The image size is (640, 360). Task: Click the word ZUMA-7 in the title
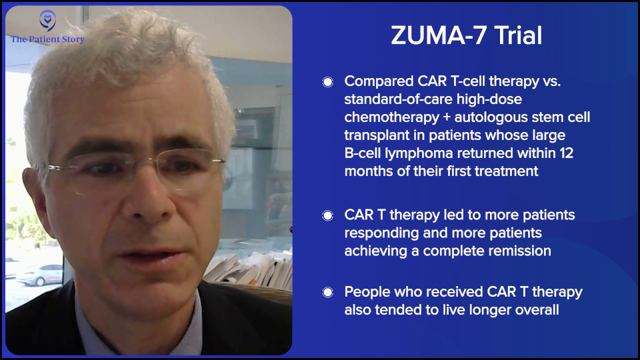pyautogui.click(x=439, y=35)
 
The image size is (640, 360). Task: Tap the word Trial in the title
pyautogui.click(x=519, y=35)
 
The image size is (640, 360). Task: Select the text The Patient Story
pyautogui.click(x=47, y=39)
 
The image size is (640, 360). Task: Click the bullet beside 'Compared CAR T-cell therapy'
pyautogui.click(x=328, y=82)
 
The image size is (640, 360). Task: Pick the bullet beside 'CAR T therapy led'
pyautogui.click(x=328, y=215)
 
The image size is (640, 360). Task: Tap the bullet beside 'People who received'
pyautogui.click(x=328, y=292)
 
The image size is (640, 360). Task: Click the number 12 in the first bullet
pyautogui.click(x=567, y=153)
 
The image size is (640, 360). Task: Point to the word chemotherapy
pyautogui.click(x=391, y=117)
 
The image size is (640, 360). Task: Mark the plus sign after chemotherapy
pyautogui.click(x=447, y=117)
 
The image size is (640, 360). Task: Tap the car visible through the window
pyautogui.click(x=39, y=275)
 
